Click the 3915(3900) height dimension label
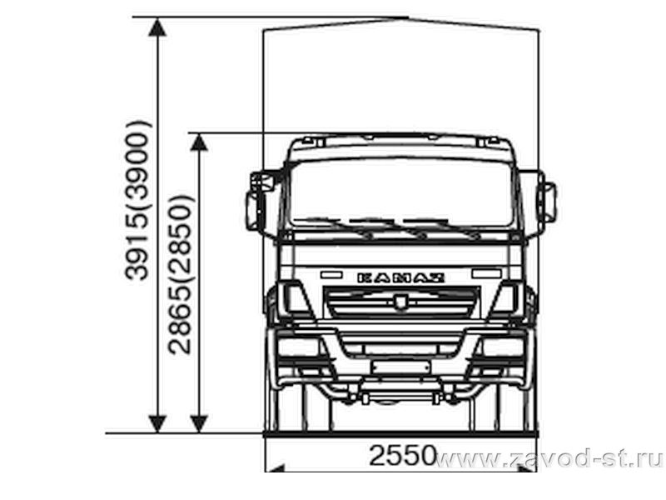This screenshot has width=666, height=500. click(137, 200)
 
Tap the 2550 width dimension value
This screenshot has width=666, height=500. click(402, 455)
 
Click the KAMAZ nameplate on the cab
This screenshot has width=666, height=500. click(401, 278)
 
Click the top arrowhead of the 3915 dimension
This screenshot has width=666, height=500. click(157, 27)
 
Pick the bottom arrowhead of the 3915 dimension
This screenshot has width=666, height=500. click(157, 424)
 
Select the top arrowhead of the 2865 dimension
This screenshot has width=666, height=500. click(199, 142)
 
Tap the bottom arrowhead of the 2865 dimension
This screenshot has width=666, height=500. click(199, 424)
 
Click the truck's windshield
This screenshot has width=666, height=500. click(401, 193)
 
